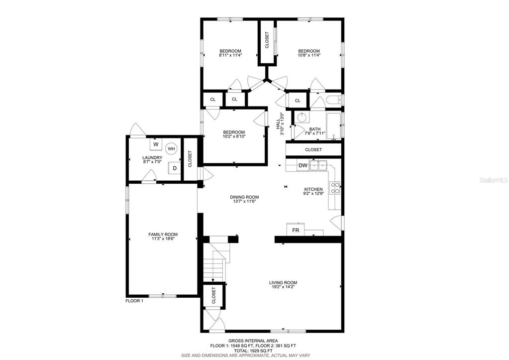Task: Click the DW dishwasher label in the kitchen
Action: pos(303,166)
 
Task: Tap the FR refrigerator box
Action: pos(296,230)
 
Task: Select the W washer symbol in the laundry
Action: pos(156,144)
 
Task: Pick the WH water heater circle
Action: pos(171,149)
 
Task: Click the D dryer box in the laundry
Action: pos(174,168)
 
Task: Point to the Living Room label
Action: pos(283,283)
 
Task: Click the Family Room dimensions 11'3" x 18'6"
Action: pos(163,239)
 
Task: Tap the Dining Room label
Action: pos(244,197)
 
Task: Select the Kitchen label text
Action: pos(313,189)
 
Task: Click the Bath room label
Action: pos(315,129)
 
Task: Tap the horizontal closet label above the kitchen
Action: pos(313,150)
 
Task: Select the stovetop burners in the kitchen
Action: pos(335,188)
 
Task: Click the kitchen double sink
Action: pos(318,166)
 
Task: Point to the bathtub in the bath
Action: pos(334,126)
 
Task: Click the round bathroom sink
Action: pos(302,117)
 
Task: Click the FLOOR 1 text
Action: pos(134,301)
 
